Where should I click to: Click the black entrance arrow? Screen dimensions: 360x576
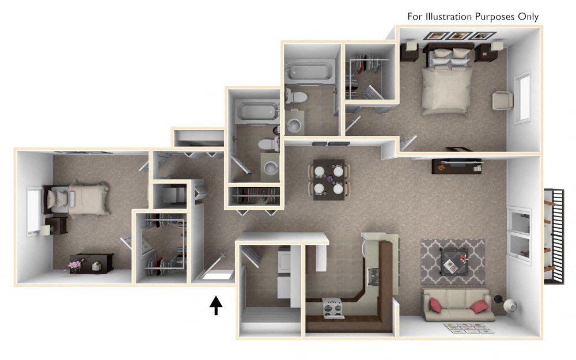tap(216, 305)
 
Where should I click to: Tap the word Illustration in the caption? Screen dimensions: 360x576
tap(449, 17)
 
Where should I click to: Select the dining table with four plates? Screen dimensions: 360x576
tap(329, 179)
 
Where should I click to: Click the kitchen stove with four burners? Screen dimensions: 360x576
tap(334, 308)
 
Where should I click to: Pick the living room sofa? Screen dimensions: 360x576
tap(458, 305)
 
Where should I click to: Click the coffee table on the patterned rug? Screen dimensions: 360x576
tap(454, 260)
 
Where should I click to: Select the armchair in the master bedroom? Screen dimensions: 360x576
tap(502, 100)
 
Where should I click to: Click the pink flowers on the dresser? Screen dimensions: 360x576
tap(75, 264)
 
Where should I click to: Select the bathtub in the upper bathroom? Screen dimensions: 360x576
tap(308, 72)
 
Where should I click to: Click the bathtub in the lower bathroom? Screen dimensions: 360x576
tap(253, 110)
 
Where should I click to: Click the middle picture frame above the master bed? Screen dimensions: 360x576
tap(458, 36)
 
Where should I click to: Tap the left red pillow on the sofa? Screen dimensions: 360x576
tap(435, 305)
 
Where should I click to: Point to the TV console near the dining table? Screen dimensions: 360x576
tap(456, 166)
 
